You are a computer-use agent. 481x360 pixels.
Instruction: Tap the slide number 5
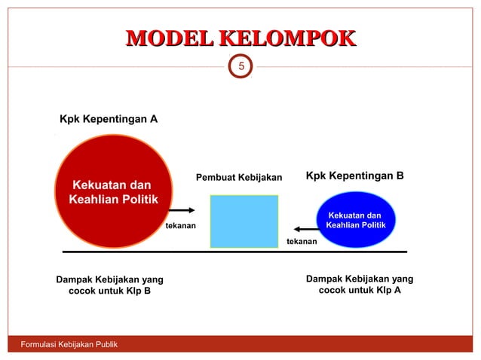tap(240, 69)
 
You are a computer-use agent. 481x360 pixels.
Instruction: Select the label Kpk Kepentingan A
tap(109, 119)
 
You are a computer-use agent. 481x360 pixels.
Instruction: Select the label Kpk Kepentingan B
tap(354, 176)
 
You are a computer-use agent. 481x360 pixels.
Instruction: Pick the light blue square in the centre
tap(244, 221)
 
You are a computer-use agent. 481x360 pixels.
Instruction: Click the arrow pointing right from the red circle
tap(181, 211)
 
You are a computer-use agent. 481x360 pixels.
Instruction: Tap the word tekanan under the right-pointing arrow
tap(181, 225)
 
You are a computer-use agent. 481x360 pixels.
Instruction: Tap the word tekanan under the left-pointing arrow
tap(302, 241)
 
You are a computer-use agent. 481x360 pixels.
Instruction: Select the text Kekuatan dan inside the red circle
tap(111, 185)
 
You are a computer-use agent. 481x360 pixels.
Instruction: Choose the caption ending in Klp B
tap(109, 285)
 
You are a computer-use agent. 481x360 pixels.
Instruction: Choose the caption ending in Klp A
tap(359, 284)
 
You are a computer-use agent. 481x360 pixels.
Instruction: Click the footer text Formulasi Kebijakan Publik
tap(63, 345)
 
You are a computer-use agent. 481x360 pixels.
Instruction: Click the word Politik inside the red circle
tap(139, 199)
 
